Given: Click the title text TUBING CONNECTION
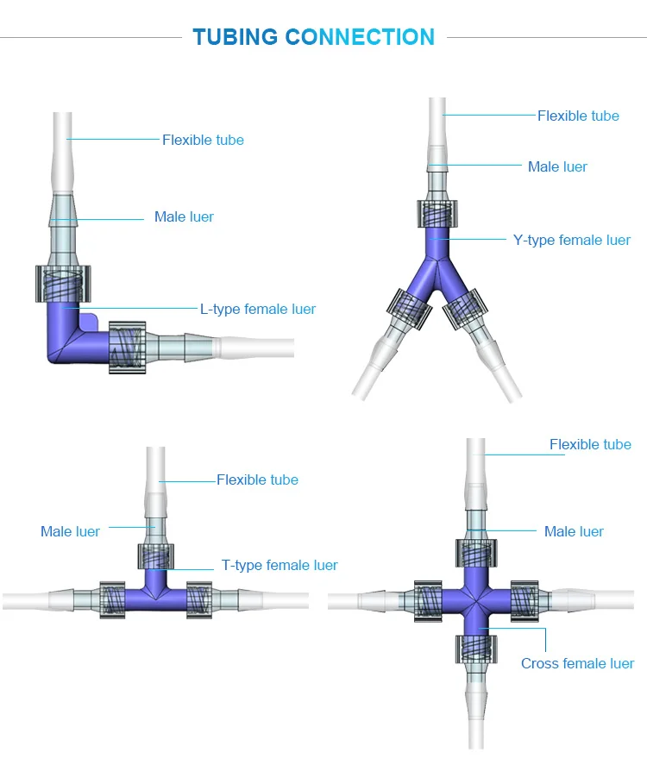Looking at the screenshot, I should click(x=313, y=37).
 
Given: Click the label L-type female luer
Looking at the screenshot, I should click(x=258, y=309).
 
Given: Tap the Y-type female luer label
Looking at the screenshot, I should click(x=571, y=240).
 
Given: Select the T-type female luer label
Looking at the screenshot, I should click(x=280, y=565).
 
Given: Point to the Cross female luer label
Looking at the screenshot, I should click(x=577, y=663).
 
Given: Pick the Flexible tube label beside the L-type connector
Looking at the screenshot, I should click(x=203, y=140).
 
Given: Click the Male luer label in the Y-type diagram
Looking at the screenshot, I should click(x=557, y=166).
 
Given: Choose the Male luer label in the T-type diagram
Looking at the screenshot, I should click(x=70, y=531).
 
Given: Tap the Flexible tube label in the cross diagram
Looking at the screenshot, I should click(x=590, y=444).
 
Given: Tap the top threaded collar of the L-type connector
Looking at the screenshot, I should click(x=61, y=284).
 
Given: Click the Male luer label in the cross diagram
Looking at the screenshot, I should click(x=574, y=531).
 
